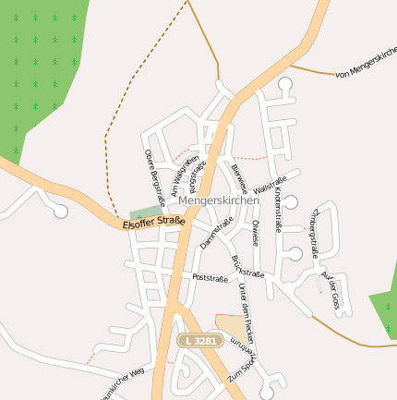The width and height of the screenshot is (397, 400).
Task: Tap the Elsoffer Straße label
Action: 153,222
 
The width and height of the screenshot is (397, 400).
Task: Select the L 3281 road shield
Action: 201,341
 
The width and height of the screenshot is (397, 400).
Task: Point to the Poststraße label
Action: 210,277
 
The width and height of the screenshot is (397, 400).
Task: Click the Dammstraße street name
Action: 215,232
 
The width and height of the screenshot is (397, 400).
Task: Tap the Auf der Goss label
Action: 331,289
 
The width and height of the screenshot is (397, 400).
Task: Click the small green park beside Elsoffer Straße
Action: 144,214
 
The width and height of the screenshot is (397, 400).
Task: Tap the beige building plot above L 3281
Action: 233,329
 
